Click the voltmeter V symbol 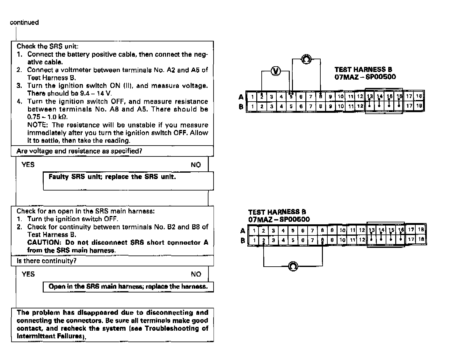[276, 71]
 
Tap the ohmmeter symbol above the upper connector [306, 59]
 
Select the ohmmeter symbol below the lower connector [293, 266]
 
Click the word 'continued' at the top [24, 22]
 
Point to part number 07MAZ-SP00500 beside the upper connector [365, 77]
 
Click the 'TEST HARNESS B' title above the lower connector [277, 212]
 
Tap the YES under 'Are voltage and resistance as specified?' [28, 165]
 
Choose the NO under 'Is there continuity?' [196, 274]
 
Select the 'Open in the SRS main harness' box [128, 287]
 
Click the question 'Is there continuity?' [47, 261]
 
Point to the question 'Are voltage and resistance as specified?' [79, 151]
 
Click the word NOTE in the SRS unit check [37, 125]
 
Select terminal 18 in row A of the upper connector [419, 96]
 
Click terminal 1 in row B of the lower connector [254, 240]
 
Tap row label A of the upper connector [241, 97]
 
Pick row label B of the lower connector [243, 241]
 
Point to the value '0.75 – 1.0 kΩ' [47, 117]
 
